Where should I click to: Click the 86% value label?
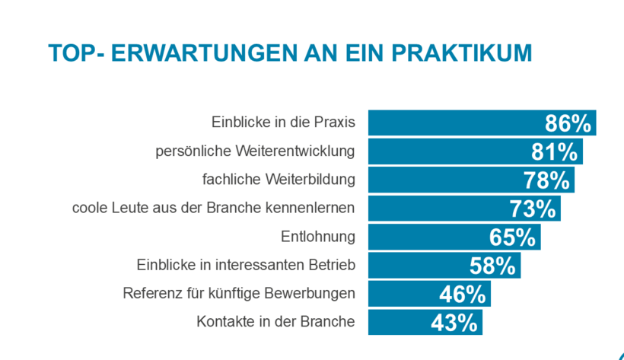coord(568,123)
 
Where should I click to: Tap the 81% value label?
coord(554,151)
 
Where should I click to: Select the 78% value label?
coord(546,180)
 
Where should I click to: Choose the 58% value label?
coord(493,266)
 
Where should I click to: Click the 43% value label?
coord(454,323)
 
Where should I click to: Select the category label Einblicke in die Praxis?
coord(283,123)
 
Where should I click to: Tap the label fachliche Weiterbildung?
coord(279,180)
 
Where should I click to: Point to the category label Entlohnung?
coord(318,237)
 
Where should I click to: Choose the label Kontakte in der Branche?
coord(275,322)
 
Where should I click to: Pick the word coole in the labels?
coord(89,208)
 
